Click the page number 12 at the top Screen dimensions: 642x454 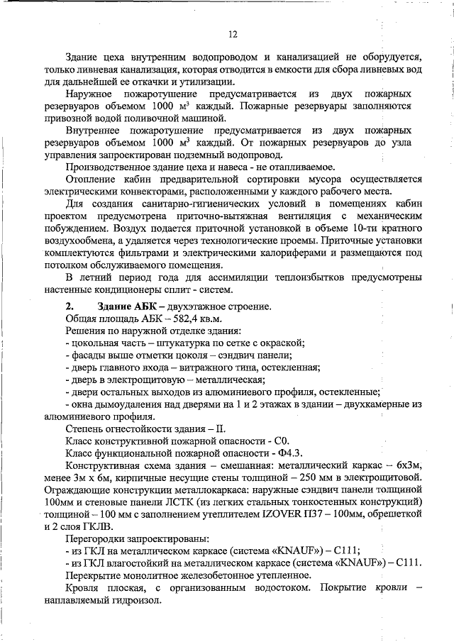pyautogui.click(x=232, y=34)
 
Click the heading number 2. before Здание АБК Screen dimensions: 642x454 pyautogui.click(x=70, y=306)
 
